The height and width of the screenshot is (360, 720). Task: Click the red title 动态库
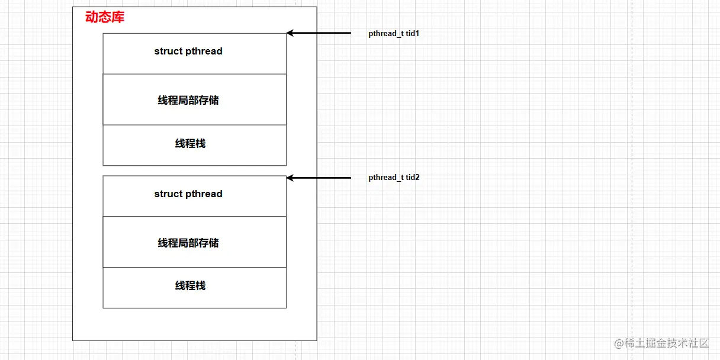[x=105, y=17]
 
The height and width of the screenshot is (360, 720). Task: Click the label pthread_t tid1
[x=394, y=34]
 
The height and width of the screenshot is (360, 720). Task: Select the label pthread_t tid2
[x=394, y=178]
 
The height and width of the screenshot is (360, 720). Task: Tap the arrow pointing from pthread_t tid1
[x=320, y=33]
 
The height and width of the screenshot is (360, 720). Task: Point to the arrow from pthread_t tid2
[x=320, y=178]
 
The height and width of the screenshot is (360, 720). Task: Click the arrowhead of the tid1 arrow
[x=290, y=33]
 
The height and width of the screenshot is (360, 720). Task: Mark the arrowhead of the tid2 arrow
[x=290, y=178]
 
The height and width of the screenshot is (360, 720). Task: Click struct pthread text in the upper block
[x=188, y=52]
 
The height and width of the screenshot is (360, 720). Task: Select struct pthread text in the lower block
[x=188, y=194]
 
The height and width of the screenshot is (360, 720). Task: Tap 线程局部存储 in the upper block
[x=188, y=101]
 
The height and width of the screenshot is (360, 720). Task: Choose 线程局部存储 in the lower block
[x=188, y=243]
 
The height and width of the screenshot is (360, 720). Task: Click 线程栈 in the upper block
[x=190, y=143]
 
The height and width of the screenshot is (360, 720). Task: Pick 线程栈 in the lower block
[x=190, y=286]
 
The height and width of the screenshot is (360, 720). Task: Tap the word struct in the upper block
[x=168, y=52]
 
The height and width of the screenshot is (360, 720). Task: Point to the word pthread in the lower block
[x=204, y=194]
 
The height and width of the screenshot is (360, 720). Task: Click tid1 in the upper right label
[x=413, y=34]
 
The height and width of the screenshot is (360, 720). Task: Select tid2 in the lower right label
[x=413, y=178]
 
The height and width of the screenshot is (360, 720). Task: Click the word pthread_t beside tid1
[x=386, y=34]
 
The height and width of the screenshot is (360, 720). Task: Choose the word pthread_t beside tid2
[x=386, y=178]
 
